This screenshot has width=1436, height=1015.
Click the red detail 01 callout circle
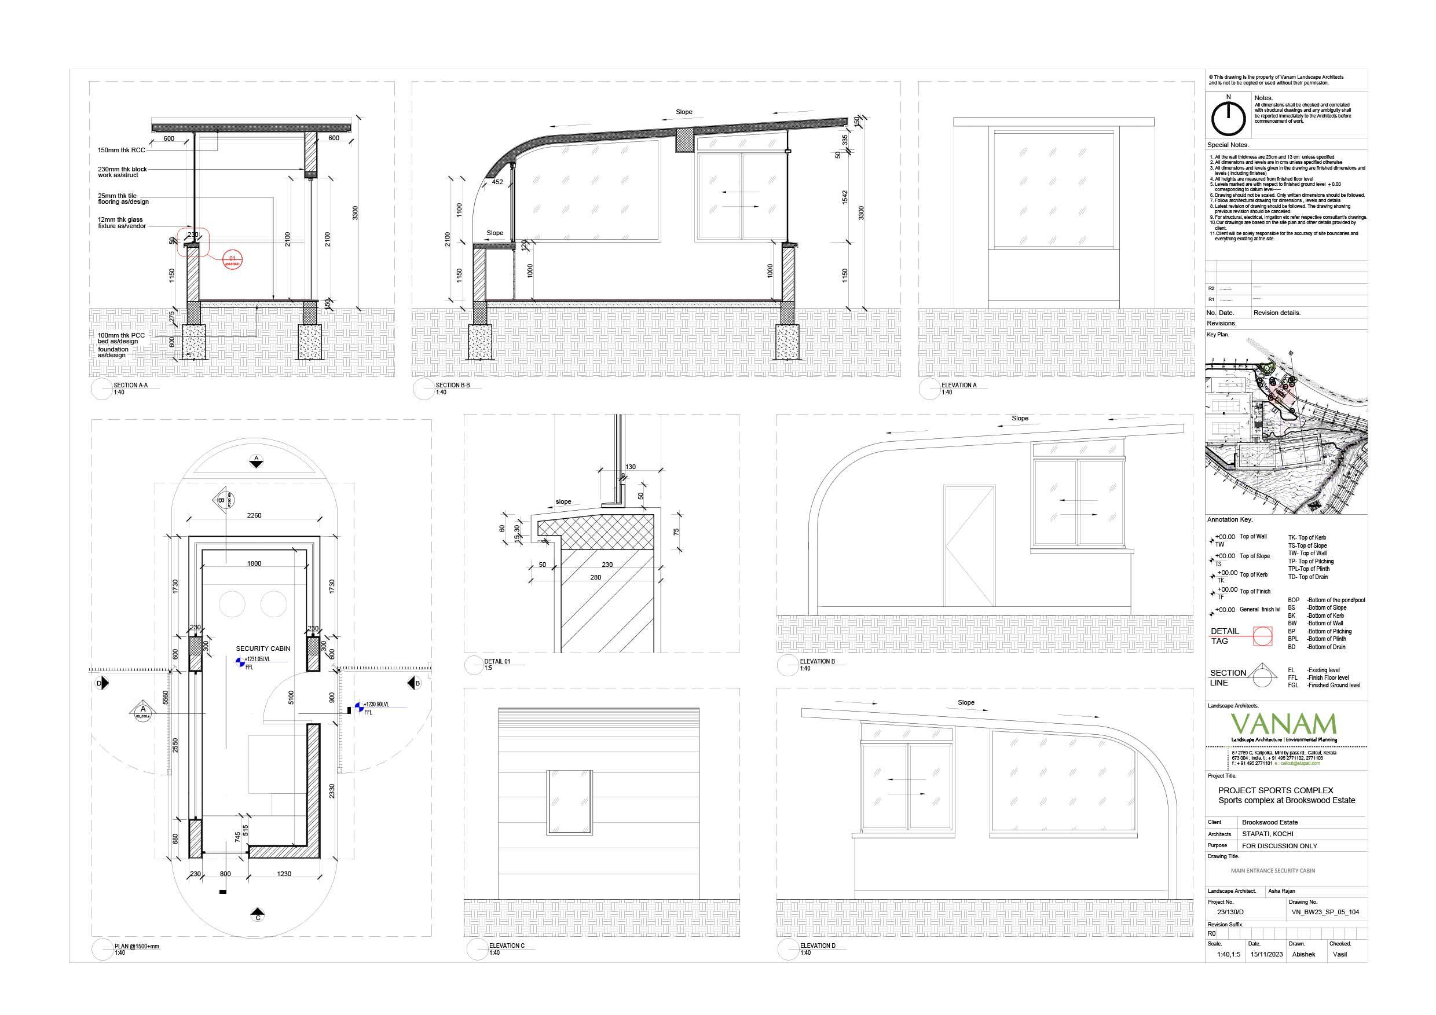click(232, 259)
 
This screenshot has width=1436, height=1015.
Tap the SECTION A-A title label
click(130, 385)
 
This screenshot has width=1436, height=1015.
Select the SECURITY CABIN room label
click(263, 648)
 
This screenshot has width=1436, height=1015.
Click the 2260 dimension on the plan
click(254, 515)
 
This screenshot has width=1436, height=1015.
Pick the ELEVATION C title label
click(507, 946)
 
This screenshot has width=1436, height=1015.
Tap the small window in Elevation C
click(569, 803)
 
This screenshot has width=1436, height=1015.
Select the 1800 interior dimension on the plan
click(254, 563)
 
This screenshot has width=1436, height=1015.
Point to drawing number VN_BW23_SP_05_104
click(1325, 912)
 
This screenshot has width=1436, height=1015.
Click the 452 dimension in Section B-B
click(497, 182)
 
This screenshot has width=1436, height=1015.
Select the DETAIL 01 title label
click(497, 661)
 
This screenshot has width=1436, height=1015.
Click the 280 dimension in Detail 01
click(595, 577)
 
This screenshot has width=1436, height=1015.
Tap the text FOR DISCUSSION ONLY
click(1279, 845)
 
